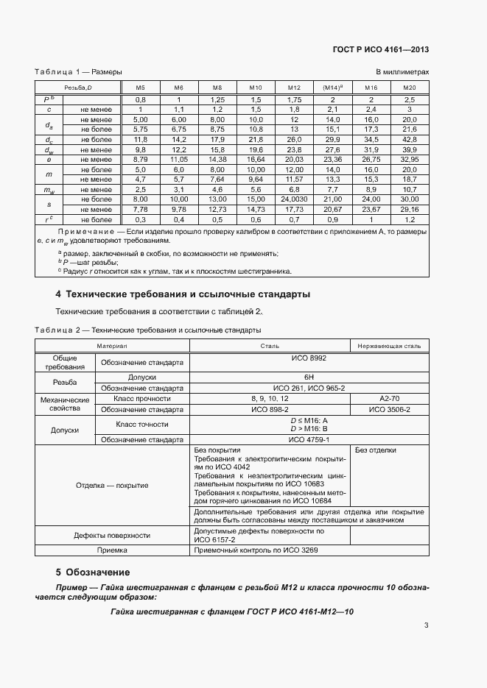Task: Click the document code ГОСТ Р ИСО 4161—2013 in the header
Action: coord(382,50)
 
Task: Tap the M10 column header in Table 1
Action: coord(256,88)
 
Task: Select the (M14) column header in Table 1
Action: coord(332,88)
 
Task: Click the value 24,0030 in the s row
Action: coord(294,199)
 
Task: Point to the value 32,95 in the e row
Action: coord(409,158)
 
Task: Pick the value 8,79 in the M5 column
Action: coord(140,158)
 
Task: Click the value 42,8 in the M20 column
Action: coord(410,138)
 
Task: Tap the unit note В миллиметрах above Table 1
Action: coord(402,72)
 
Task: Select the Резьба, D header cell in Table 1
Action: coord(76,88)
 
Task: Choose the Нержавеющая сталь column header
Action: coord(389,345)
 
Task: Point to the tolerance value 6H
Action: coord(308,377)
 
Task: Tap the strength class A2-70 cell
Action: coord(389,398)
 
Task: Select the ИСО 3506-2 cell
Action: coord(389,408)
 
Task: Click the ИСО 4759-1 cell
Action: coord(308,439)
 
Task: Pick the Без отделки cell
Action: coord(376,450)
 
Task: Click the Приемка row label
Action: coord(112,550)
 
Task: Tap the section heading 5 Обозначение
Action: coord(93,572)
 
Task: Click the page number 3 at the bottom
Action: coord(426,626)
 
